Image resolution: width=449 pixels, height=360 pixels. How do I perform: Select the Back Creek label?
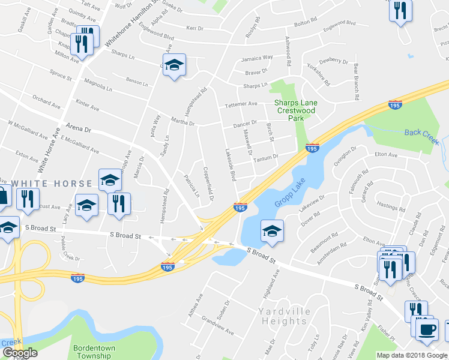coord(421,133)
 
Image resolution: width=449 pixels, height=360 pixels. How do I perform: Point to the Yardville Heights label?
coord(283,316)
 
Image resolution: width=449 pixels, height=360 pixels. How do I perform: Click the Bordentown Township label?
coord(98,352)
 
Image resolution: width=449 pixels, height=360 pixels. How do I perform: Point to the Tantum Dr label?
coord(267,157)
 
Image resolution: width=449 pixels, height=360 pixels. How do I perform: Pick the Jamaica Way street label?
coord(257,58)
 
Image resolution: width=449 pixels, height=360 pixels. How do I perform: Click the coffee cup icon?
coord(427,329)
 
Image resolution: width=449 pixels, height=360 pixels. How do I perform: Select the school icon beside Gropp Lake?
coord(272,231)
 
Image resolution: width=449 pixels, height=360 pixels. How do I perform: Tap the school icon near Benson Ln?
coord(174,65)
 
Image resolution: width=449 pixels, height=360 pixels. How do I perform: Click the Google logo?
coord(19,353)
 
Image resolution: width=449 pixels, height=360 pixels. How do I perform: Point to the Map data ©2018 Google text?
coord(411,355)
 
